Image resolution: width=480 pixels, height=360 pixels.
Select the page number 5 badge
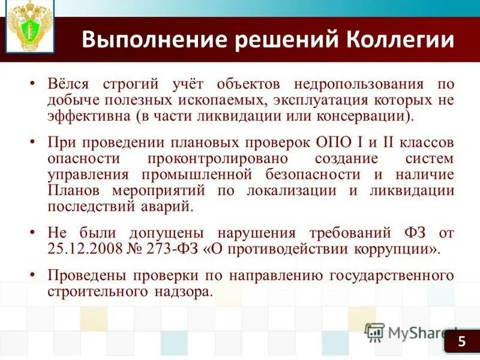(x=461, y=341)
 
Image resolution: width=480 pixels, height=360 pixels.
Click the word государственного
(x=392, y=276)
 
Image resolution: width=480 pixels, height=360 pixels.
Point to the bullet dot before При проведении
(x=34, y=145)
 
